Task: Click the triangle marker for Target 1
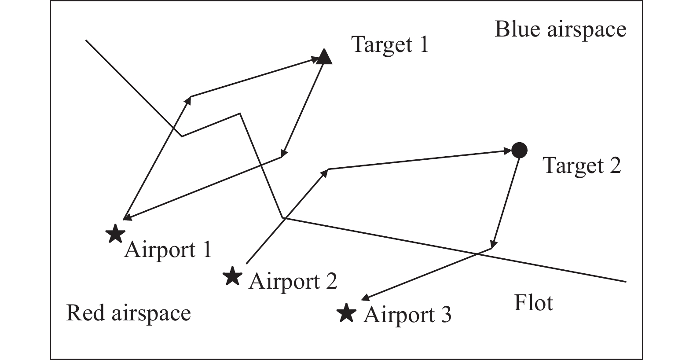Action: [324, 57]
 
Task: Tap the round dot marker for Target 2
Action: [519, 151]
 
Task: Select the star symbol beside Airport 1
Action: [115, 233]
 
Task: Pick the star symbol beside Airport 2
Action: [232, 277]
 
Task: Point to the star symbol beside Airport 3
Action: [346, 312]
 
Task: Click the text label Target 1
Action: [390, 44]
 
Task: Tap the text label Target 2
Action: [582, 166]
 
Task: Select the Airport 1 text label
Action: [168, 250]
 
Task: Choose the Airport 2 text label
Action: [293, 281]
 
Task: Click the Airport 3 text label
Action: [407, 315]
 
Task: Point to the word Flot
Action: [533, 303]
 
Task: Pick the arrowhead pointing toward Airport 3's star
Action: [365, 298]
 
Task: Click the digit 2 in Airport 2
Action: [331, 281]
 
